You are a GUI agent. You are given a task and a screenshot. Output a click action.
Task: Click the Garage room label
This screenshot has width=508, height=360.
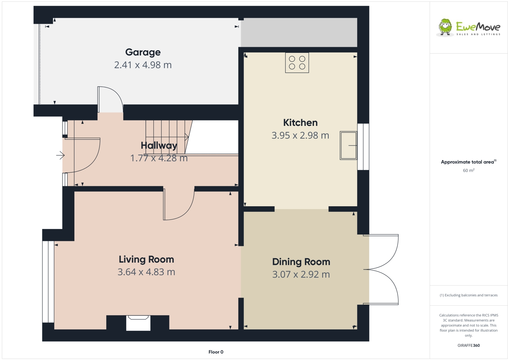click(x=143, y=52)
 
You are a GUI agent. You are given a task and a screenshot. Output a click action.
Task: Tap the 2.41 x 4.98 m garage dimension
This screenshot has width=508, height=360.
click(x=143, y=65)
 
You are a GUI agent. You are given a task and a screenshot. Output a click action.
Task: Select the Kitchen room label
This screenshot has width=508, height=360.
click(x=300, y=122)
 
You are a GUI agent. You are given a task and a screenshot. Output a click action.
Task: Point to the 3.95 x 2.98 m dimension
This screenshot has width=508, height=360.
click(x=300, y=135)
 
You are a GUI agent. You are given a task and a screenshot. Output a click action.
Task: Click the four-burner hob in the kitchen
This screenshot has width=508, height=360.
click(x=297, y=63)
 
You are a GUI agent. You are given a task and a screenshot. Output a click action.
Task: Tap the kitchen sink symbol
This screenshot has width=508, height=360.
click(x=348, y=146)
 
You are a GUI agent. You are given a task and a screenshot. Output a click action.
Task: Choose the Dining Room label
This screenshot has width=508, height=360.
click(x=301, y=262)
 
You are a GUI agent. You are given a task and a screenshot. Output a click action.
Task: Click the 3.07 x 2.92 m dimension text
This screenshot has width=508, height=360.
click(x=301, y=274)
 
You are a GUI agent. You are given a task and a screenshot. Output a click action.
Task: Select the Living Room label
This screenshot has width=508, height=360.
click(x=146, y=260)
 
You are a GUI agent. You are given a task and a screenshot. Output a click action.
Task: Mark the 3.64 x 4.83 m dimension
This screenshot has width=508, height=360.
click(x=146, y=272)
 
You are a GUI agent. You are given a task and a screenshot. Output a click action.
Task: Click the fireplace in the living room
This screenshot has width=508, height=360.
click(x=138, y=322)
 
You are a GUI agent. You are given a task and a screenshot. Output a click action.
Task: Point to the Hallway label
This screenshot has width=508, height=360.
click(x=159, y=146)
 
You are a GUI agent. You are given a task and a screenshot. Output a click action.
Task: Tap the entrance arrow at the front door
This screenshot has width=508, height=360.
click(x=60, y=155)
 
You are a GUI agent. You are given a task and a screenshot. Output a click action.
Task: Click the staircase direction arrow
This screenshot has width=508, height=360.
click(x=186, y=137)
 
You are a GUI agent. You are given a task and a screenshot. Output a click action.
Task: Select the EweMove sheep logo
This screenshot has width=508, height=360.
click(x=445, y=27)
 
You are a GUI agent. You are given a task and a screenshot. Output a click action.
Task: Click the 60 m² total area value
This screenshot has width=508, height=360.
click(x=468, y=170)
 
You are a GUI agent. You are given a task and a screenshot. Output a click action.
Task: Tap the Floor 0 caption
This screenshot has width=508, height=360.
click(x=216, y=352)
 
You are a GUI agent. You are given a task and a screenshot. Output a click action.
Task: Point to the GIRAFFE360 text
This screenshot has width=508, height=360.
click(x=468, y=345)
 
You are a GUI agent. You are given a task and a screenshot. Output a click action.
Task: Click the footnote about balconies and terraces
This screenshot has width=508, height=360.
click(x=468, y=295)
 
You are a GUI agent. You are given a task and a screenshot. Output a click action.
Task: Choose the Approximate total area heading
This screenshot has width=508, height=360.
click(x=467, y=162)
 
